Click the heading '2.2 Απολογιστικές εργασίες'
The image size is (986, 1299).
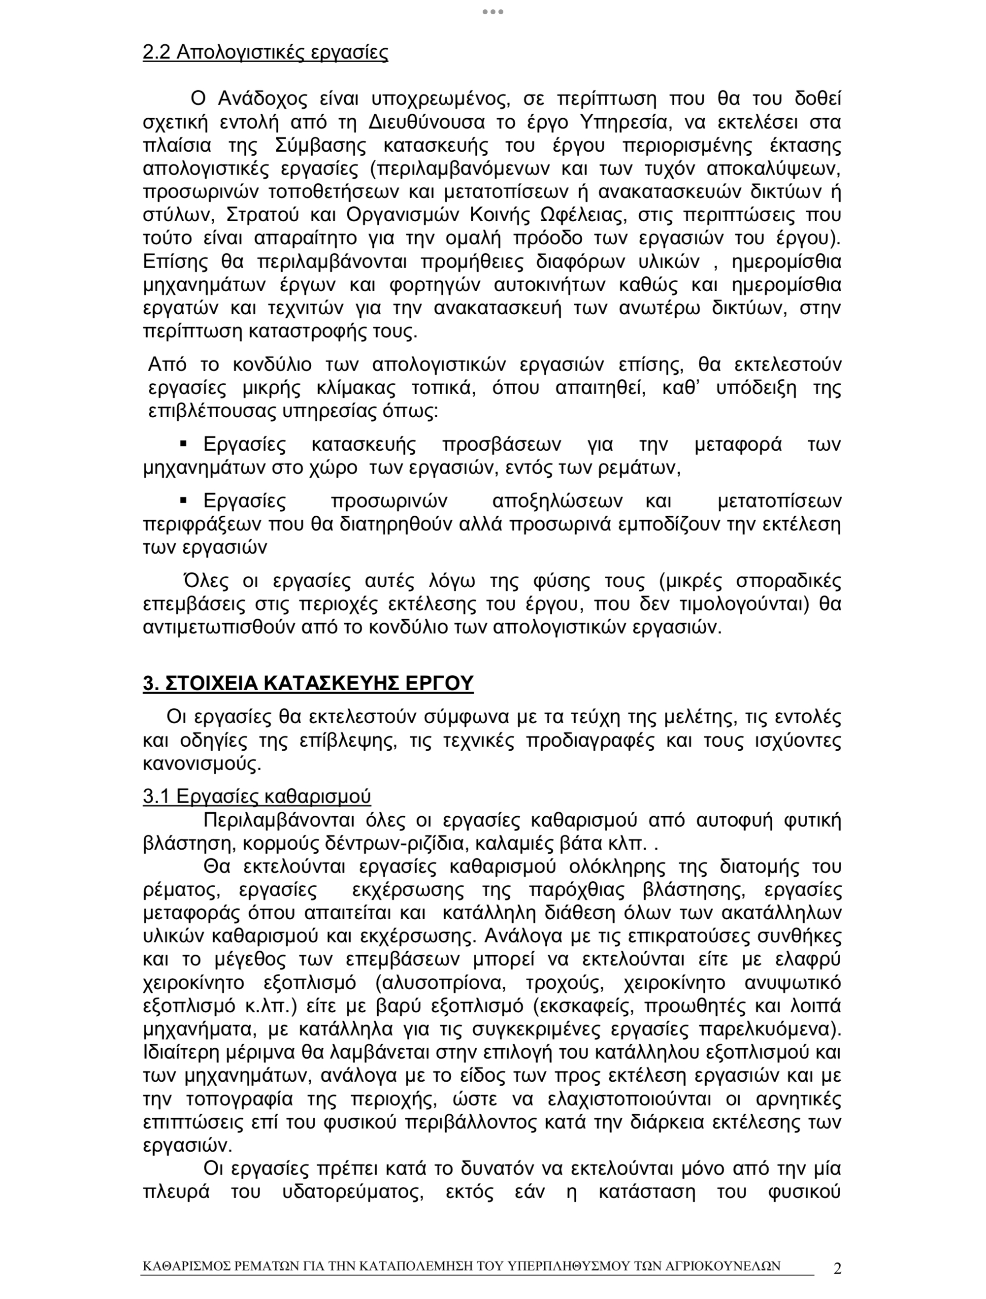(265, 52)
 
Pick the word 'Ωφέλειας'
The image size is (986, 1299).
(578, 215)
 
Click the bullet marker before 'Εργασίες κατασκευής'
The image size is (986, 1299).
(183, 443)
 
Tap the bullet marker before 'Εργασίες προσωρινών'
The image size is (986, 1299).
(183, 500)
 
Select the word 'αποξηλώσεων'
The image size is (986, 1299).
(558, 501)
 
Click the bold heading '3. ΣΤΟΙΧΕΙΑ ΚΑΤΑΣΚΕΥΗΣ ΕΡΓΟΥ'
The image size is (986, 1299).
(308, 684)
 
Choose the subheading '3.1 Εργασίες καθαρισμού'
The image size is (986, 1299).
(257, 797)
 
